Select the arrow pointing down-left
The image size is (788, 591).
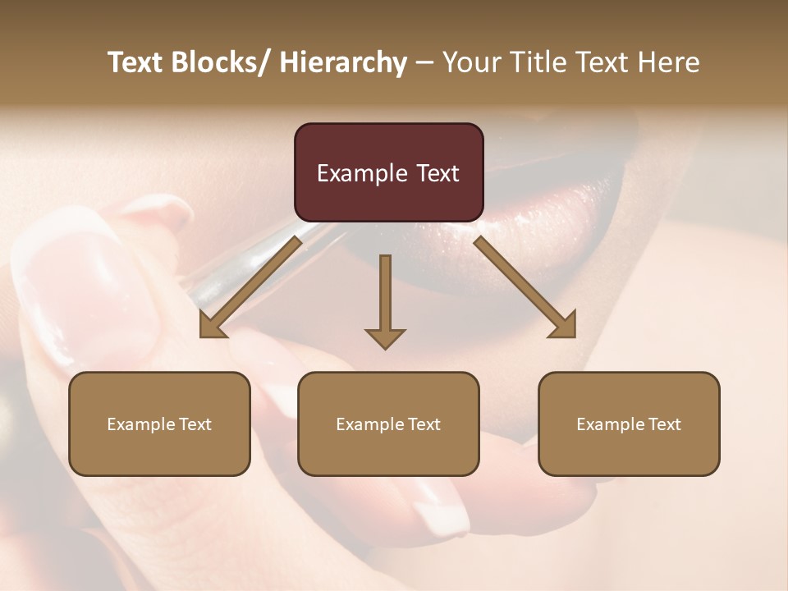point(250,287)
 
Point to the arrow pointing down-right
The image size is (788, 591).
point(525,287)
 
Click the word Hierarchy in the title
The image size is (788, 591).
point(343,63)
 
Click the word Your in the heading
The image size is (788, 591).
point(469,63)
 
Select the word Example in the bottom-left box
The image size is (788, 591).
point(141,424)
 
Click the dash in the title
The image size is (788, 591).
point(424,63)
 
